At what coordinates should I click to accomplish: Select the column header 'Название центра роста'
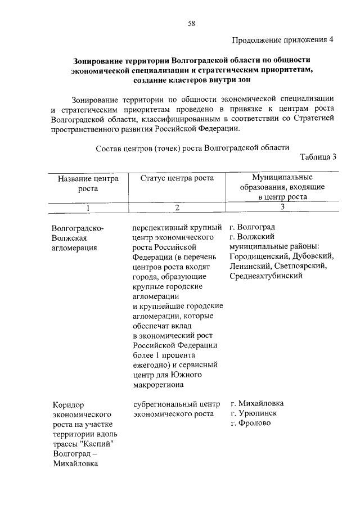pyautogui.click(x=88, y=183)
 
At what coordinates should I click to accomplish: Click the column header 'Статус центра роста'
pyautogui.click(x=177, y=178)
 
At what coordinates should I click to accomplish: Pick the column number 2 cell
pyautogui.click(x=176, y=208)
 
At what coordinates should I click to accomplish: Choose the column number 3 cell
pyautogui.click(x=282, y=207)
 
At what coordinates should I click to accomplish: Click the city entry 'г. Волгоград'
pyautogui.click(x=253, y=227)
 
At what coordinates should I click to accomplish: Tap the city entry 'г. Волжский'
pyautogui.click(x=251, y=237)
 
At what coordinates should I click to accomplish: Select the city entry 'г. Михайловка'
pyautogui.click(x=257, y=404)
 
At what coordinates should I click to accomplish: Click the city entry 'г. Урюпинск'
pyautogui.click(x=254, y=413)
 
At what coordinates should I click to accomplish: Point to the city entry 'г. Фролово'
pyautogui.click(x=250, y=424)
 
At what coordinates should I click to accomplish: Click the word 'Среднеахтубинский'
pyautogui.click(x=266, y=276)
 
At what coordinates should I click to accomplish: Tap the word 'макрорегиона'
pyautogui.click(x=159, y=384)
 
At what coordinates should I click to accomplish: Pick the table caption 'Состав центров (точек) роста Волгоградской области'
pyautogui.click(x=192, y=147)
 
